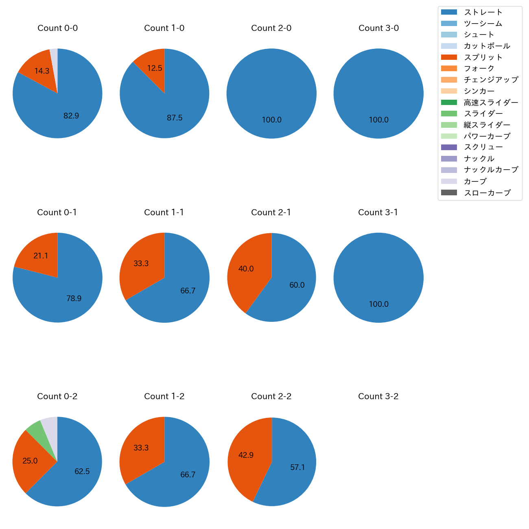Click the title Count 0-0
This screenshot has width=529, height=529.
[x=57, y=28]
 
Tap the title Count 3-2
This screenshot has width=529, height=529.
[x=378, y=396]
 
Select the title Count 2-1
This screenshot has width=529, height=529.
[x=271, y=212]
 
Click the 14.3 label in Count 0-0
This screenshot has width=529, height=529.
[x=42, y=71]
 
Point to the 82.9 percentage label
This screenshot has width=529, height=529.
[x=71, y=116]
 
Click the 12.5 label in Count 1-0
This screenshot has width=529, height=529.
[x=155, y=68]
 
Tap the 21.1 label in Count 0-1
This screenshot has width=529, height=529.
[x=41, y=256]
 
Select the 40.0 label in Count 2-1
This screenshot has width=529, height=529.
[x=246, y=269]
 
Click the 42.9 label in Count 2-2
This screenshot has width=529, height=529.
[x=246, y=455]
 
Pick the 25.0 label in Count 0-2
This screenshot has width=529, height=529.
[x=30, y=461]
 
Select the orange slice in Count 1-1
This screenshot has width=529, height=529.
[x=142, y=264]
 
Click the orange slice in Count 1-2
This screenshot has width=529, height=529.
[x=142, y=448]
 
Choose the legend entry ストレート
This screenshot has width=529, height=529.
[x=483, y=12]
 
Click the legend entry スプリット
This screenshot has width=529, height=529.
[x=483, y=57]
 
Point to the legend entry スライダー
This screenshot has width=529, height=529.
[x=483, y=114]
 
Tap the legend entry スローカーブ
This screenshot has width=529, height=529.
[x=487, y=193]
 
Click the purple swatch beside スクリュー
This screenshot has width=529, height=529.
[x=449, y=147]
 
